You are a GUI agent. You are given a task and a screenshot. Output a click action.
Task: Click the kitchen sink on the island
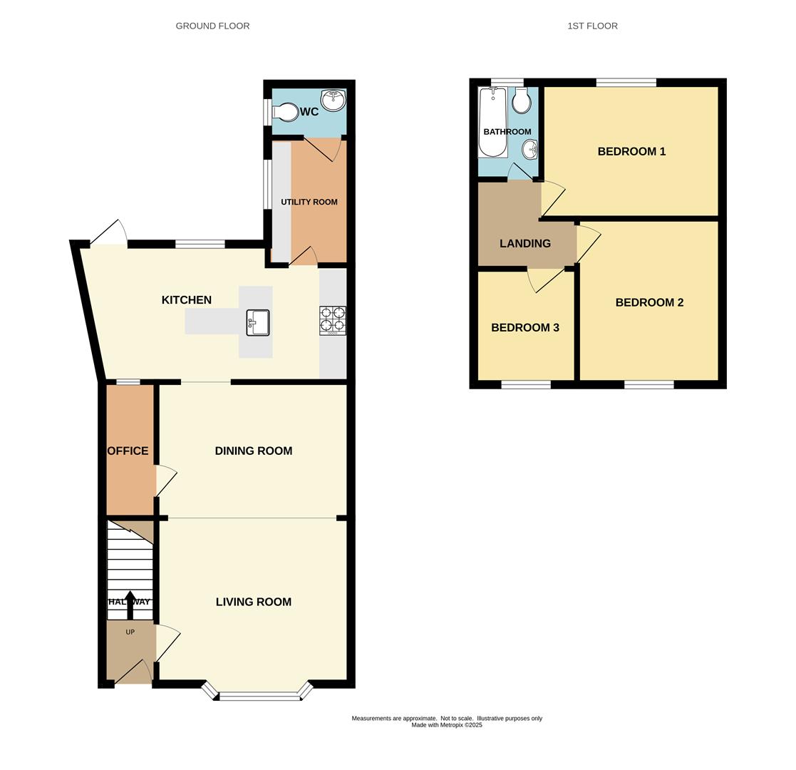tap(257, 322)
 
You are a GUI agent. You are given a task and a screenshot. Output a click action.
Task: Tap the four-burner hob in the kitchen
tap(333, 320)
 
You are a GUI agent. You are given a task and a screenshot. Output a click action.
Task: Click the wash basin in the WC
tap(333, 101)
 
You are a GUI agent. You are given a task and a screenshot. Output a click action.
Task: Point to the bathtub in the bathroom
tap(492, 122)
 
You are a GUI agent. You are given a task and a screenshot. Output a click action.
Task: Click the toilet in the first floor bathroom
tap(522, 102)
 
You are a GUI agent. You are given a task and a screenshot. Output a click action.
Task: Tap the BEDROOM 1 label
tap(631, 151)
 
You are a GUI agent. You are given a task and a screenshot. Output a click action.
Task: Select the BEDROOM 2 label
tap(649, 302)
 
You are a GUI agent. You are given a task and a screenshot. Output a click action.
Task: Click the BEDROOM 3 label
tap(525, 328)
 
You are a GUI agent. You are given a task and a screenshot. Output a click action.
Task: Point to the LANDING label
tap(525, 244)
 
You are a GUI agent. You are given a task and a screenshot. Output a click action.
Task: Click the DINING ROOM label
tap(254, 451)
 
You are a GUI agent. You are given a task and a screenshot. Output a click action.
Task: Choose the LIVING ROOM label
tap(254, 602)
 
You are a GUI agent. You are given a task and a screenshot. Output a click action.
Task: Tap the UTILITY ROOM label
tap(309, 202)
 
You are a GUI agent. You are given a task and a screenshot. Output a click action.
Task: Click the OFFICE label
tap(128, 451)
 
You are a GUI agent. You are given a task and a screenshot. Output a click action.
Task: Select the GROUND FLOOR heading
tap(212, 26)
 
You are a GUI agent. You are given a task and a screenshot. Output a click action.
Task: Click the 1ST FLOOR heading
tap(592, 26)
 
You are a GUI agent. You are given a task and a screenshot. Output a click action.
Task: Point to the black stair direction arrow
tap(130, 603)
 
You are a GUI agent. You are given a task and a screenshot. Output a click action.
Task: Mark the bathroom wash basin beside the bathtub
tap(529, 149)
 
